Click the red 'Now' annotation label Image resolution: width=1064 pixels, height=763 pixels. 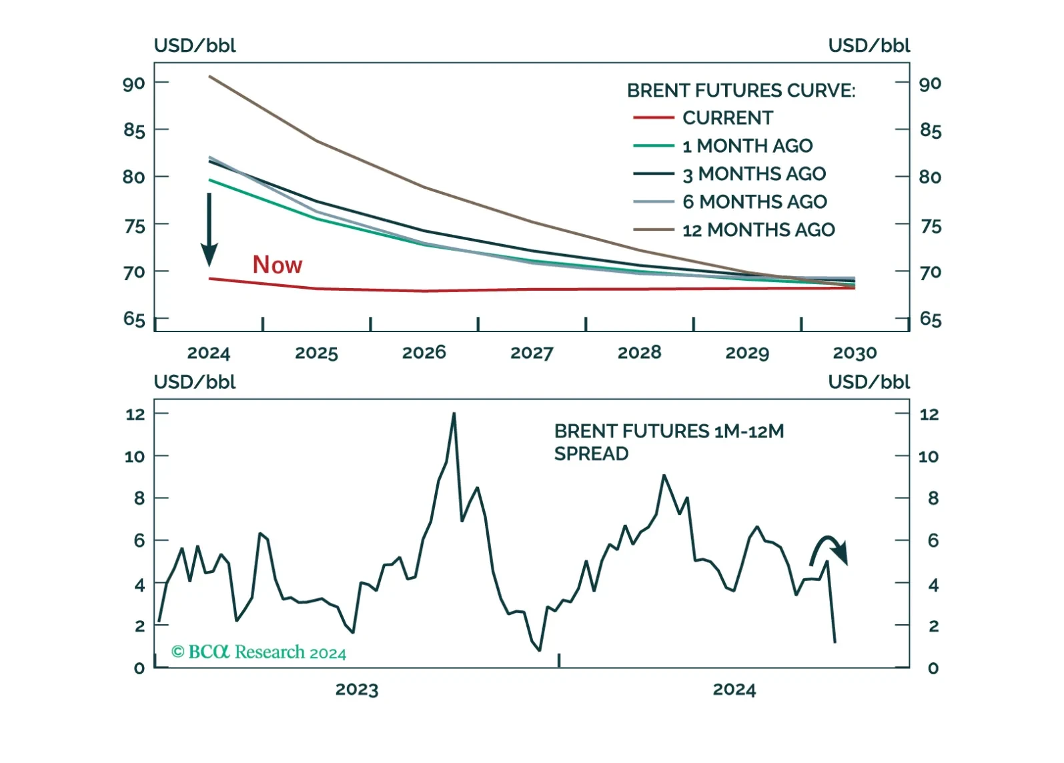click(x=278, y=265)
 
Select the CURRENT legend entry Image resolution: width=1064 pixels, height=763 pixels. click(x=704, y=118)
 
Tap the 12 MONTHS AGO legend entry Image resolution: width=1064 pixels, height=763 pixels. click(x=734, y=230)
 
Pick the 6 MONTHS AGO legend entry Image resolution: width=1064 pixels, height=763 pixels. click(x=730, y=202)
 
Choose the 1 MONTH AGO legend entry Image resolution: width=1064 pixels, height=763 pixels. click(x=723, y=146)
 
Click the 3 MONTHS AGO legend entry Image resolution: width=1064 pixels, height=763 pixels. click(x=730, y=174)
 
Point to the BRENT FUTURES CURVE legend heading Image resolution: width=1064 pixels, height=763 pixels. click(x=741, y=90)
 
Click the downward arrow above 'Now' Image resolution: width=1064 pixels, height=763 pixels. click(x=209, y=230)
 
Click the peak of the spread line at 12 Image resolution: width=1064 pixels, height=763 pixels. click(x=454, y=413)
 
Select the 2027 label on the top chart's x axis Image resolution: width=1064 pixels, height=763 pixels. click(x=532, y=353)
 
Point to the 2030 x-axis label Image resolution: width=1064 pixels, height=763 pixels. click(x=855, y=353)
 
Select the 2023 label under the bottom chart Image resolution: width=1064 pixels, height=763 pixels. click(x=357, y=690)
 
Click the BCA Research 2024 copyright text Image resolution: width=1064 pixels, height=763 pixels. click(x=258, y=652)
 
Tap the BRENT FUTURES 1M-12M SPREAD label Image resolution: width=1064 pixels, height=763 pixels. click(x=669, y=442)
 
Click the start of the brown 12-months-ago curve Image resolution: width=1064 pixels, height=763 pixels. click(x=209, y=76)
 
